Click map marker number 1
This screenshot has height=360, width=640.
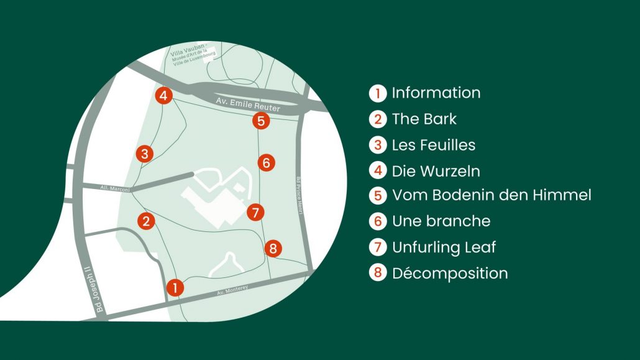[x=175, y=288]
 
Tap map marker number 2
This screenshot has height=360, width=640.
[x=146, y=221]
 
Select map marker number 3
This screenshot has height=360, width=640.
[x=145, y=154]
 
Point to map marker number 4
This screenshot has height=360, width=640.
[x=163, y=96]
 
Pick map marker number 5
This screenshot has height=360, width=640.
[x=261, y=121]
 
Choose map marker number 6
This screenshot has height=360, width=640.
[x=266, y=163]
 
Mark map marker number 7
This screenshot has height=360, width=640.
[x=255, y=213]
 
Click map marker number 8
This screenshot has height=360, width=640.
[x=273, y=248]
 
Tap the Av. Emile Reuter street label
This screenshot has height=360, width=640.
[x=248, y=104]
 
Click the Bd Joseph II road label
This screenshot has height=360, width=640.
[x=93, y=290]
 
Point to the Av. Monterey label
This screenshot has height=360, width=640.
[x=232, y=290]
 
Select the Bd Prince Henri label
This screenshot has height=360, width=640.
[x=299, y=195]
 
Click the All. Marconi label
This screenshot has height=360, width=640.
[x=115, y=188]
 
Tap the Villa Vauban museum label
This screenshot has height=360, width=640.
[x=193, y=55]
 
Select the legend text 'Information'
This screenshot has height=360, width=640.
[x=436, y=93]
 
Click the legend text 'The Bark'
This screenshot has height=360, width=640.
[x=424, y=119]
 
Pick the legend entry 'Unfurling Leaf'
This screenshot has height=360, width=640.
[x=444, y=247]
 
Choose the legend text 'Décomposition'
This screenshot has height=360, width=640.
[x=450, y=274]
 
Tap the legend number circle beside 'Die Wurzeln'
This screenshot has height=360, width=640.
[x=378, y=171]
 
